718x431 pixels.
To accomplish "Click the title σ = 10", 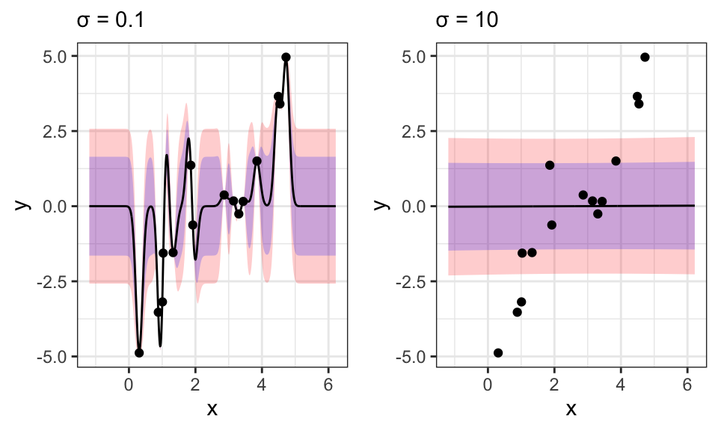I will pyautogui.click(x=467, y=20).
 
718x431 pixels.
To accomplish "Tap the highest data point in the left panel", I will pyautogui.click(x=286, y=57).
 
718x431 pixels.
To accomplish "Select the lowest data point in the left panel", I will pyautogui.click(x=139, y=352).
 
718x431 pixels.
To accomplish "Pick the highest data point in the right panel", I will pyautogui.click(x=645, y=57).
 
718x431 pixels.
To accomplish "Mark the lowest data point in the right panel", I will pyautogui.click(x=498, y=352).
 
